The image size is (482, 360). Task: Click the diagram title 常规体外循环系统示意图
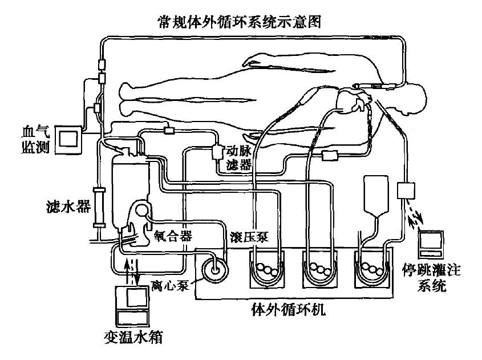tap(240, 22)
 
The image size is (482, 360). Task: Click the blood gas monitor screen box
tap(71, 139)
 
